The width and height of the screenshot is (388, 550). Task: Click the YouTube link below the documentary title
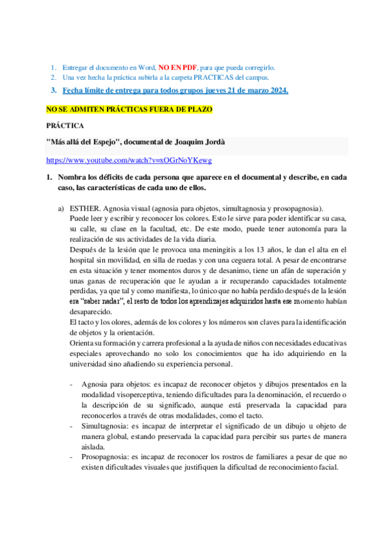click(x=129, y=160)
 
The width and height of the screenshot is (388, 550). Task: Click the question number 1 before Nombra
click(x=48, y=177)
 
